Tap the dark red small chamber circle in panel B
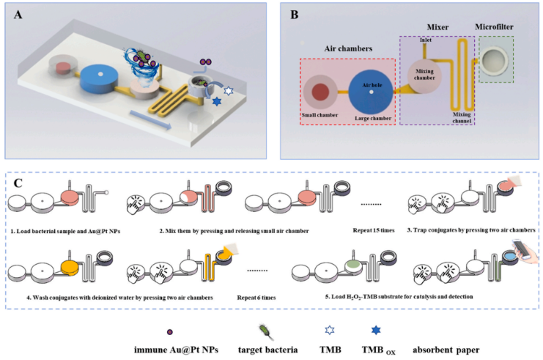320,93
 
